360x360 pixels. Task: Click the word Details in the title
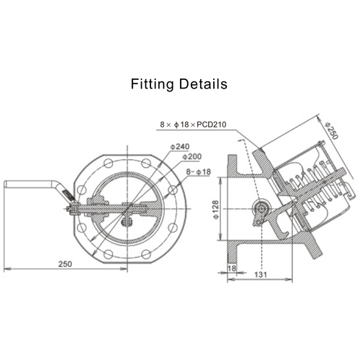tap(203, 84)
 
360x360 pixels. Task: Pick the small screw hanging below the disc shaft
tap(128, 222)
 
